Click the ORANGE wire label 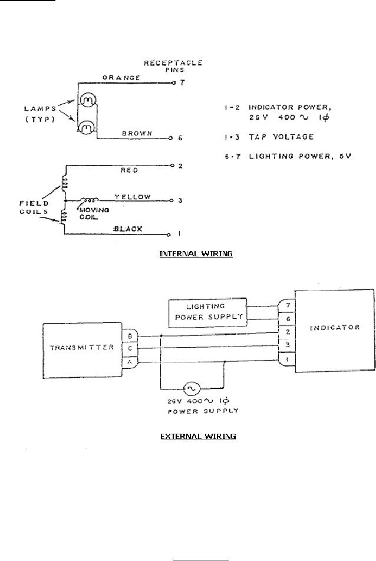121,77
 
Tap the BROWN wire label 138,133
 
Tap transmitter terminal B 129,335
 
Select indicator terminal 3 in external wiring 286,345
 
